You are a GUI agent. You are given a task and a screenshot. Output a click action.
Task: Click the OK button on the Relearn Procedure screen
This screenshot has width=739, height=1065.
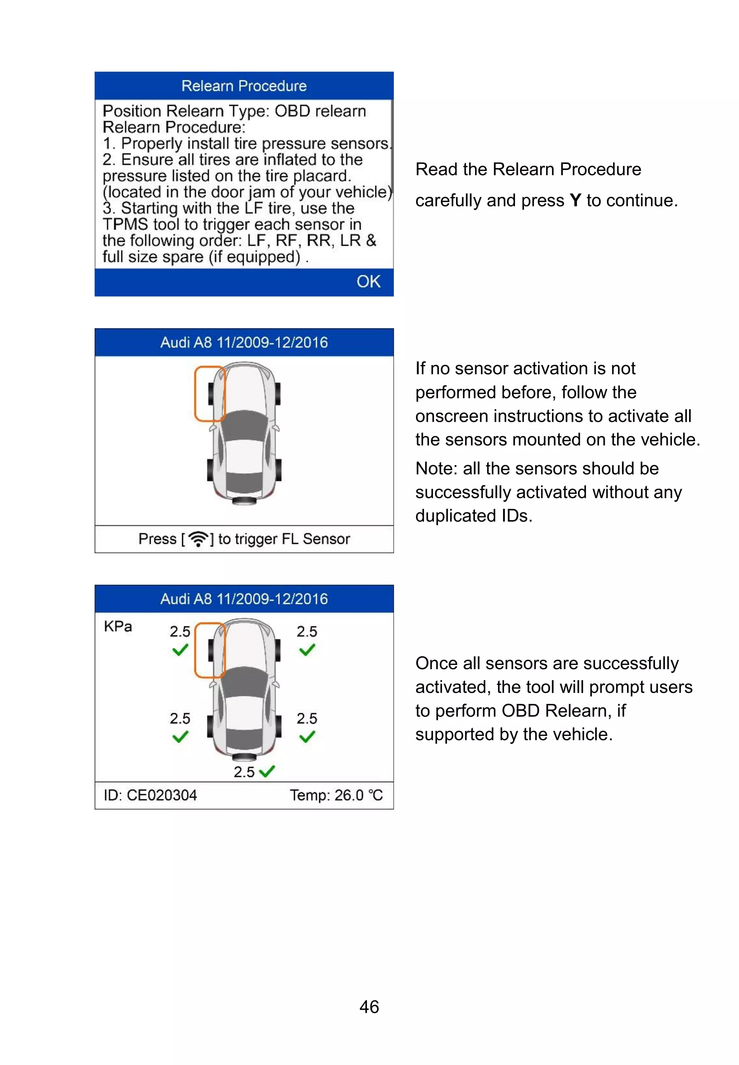pos(368,281)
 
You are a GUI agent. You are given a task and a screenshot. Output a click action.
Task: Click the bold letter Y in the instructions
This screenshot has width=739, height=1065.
pos(575,201)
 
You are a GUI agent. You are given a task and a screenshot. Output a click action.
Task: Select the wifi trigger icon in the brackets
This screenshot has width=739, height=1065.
pos(198,538)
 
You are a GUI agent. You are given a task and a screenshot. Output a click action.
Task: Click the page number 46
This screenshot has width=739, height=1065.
pos(369,1006)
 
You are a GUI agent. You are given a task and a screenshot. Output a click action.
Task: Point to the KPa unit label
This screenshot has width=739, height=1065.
pos(118,627)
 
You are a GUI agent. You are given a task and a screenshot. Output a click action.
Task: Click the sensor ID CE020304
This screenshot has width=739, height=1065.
pos(162,795)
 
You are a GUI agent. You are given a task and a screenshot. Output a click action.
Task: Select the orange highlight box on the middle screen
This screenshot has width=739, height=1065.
pos(210,394)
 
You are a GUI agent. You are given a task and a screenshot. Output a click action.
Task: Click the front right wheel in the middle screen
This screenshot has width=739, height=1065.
pos(277,394)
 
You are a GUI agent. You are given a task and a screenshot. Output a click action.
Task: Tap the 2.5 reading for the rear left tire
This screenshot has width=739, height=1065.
pos(180,718)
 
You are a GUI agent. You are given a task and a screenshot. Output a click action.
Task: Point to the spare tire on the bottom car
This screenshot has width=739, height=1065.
pos(244,758)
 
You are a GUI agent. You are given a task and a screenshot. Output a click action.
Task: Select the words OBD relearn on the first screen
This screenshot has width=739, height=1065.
pos(320,111)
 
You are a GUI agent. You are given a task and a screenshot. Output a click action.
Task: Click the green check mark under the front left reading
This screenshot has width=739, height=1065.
pos(180,650)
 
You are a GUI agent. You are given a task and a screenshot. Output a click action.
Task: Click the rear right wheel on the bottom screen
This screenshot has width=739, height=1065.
pos(278,726)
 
